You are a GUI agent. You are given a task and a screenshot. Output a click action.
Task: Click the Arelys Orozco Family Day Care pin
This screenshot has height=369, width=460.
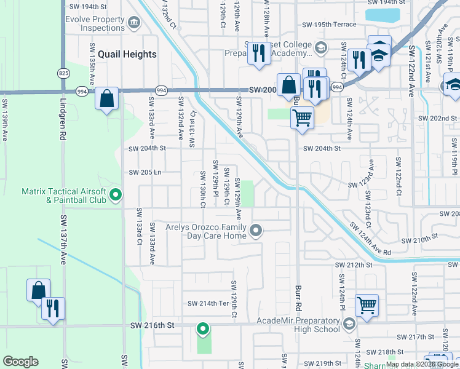256,231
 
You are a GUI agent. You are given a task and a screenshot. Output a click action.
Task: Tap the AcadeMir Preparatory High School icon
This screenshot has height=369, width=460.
349,324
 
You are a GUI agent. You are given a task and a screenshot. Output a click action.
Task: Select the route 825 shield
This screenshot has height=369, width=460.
64,73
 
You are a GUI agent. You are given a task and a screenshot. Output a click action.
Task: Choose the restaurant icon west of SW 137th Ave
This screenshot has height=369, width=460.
54,309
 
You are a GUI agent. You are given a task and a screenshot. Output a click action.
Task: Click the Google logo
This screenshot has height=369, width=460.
20,362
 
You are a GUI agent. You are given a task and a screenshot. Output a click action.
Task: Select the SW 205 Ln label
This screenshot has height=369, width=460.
145,172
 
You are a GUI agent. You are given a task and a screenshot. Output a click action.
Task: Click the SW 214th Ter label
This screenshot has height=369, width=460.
208,304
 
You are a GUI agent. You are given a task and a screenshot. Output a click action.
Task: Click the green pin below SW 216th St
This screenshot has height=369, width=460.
203,329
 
